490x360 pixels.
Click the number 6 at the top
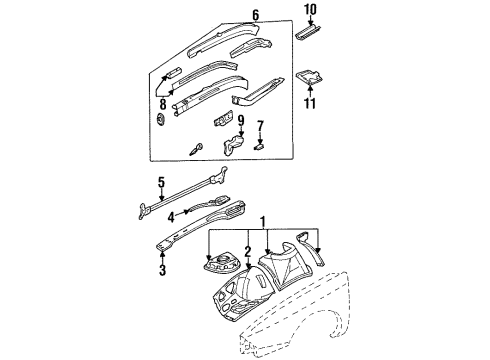[x=255, y=15]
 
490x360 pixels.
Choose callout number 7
[x=261, y=127]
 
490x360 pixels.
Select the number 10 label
[x=309, y=11]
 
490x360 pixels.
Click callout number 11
[x=309, y=103]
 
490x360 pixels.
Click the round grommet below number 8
[x=160, y=122]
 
